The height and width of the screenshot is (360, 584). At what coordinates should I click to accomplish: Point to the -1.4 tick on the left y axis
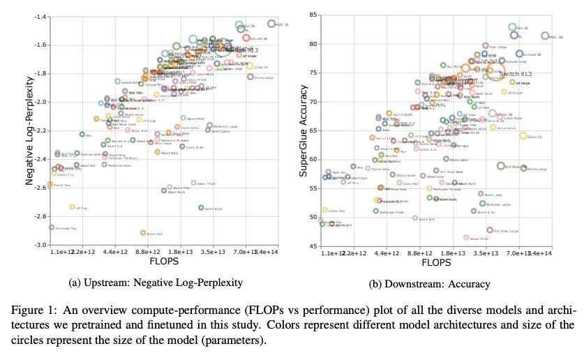(x=41, y=16)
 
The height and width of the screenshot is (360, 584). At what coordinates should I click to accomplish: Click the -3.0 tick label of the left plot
(x=41, y=245)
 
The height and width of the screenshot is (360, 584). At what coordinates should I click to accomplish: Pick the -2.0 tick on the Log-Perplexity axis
(x=41, y=102)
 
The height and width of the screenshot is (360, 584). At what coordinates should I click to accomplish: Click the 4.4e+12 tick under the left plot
(x=114, y=252)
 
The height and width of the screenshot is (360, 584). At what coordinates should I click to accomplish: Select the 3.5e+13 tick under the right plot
(x=485, y=252)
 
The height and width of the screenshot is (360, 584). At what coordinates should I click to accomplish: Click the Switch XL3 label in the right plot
(x=516, y=73)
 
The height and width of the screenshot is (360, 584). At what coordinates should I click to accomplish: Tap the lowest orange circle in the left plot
(x=143, y=233)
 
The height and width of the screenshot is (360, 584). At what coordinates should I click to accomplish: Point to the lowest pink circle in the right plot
(x=466, y=238)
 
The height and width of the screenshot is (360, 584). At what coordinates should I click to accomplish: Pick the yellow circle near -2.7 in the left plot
(x=72, y=207)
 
